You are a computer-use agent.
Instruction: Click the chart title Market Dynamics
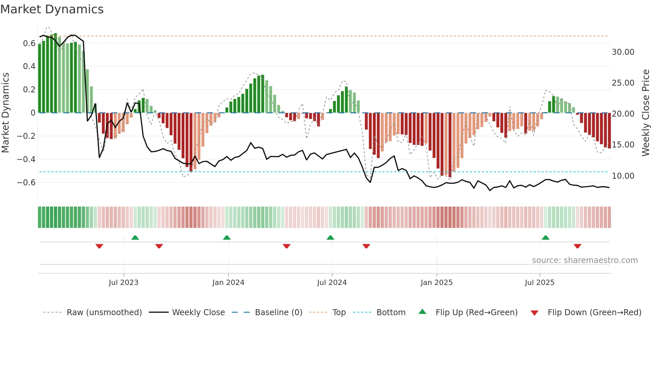[52, 9]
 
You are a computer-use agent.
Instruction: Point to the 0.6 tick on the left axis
[29, 44]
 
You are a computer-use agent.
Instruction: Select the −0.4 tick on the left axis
[26, 159]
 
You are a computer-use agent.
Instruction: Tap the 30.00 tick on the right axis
[623, 52]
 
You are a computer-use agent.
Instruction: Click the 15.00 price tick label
[623, 145]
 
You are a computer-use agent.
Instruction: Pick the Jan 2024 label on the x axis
[228, 283]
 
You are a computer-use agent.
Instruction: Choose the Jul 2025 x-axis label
[539, 283]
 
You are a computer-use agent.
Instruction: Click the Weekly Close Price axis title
[645, 113]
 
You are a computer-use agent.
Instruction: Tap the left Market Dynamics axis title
[5, 113]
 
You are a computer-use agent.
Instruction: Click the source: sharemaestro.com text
[585, 260]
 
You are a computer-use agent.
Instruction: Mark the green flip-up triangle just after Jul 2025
[545, 237]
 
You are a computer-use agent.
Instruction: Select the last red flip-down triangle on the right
[577, 246]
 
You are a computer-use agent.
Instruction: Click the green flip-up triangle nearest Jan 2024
[227, 237]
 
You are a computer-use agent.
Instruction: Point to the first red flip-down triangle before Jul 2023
[99, 246]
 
